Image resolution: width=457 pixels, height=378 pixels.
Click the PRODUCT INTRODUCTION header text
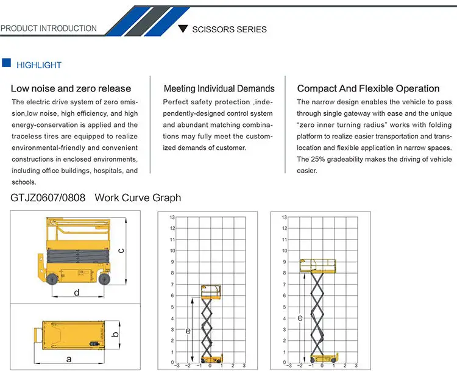coord(49,29)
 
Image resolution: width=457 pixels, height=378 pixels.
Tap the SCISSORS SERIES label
coord(229,29)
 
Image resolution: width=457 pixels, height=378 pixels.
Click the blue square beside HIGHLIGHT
coord(7,64)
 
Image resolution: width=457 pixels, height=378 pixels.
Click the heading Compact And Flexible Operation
coord(368,89)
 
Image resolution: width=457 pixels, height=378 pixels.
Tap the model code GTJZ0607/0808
coord(48,198)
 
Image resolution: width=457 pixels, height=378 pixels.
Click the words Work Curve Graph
coord(138,198)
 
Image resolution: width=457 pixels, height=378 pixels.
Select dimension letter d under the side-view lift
coord(76,293)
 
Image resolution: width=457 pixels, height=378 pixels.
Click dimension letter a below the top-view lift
coord(69,359)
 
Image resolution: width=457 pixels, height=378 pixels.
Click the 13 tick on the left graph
coord(172,217)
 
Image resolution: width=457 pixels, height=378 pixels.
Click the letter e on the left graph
coord(188,330)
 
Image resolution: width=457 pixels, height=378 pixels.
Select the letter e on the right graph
coord(299,318)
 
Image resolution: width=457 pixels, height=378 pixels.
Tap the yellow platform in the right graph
coord(318,265)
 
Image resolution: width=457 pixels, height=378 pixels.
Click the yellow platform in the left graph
coord(210,290)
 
